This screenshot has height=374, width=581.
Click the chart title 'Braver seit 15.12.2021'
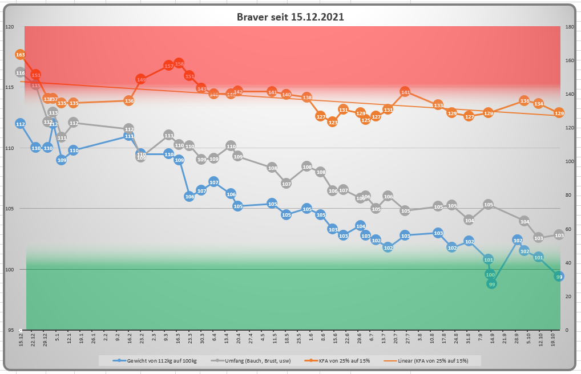tap(290, 17)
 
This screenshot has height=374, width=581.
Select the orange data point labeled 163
tap(21, 55)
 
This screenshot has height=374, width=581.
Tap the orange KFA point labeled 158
tap(179, 63)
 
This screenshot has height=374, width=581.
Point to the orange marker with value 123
tap(333, 122)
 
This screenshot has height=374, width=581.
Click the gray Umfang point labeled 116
tap(21, 73)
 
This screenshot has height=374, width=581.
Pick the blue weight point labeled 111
tap(129, 136)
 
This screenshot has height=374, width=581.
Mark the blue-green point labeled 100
tap(490, 274)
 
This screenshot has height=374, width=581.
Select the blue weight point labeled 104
tap(360, 226)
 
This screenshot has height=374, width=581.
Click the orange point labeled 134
tap(538, 104)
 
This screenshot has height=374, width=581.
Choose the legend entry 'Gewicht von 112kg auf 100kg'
tap(158, 360)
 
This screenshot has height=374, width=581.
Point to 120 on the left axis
tap(10, 27)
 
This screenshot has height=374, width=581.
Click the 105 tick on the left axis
tap(10, 209)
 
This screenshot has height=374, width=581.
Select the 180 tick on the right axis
tap(569, 27)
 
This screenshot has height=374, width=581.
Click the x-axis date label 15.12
tap(21, 340)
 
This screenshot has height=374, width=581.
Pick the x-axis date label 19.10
tap(554, 340)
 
